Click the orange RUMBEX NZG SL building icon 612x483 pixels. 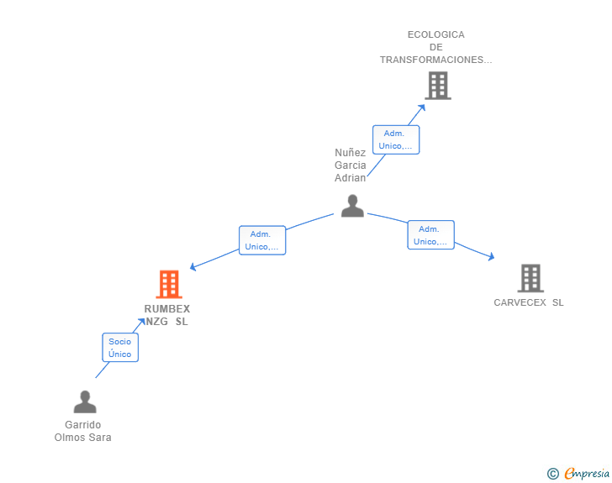169,284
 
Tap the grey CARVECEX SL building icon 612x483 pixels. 530,278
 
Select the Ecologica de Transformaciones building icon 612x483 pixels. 437,86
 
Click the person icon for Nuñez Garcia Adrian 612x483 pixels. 352,206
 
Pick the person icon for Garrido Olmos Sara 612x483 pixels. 85,402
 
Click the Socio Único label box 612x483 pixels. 120,348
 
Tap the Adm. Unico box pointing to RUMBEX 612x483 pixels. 262,240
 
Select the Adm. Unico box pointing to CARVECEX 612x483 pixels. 430,235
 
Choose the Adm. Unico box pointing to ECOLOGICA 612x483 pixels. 395,139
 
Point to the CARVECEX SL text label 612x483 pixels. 529,302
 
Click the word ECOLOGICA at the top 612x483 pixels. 435,34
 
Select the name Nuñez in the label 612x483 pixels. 350,153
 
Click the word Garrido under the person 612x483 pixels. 82,425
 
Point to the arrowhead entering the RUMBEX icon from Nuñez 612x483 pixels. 193,268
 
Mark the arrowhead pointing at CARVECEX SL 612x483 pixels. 491,258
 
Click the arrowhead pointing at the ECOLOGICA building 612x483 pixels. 422,106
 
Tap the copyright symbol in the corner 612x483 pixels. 552,474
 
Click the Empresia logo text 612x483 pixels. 586,474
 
